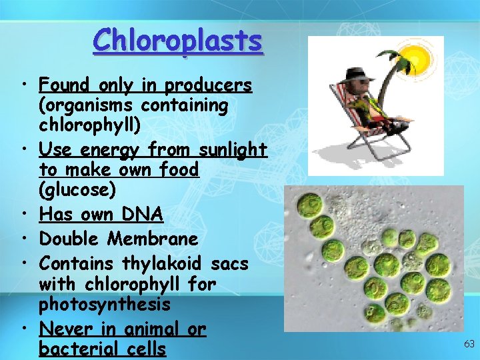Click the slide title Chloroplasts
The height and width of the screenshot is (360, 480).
[178, 41]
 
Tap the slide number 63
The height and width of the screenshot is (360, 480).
[469, 344]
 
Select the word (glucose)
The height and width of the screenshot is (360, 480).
[77, 191]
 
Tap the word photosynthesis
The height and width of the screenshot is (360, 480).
[105, 305]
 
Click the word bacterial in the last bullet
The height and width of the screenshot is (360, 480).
[73, 349]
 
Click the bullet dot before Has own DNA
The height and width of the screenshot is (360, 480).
[24, 215]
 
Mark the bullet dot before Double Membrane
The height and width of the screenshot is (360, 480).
[24, 239]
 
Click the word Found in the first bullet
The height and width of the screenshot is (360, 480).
[65, 86]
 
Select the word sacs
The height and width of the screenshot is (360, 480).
[231, 264]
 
